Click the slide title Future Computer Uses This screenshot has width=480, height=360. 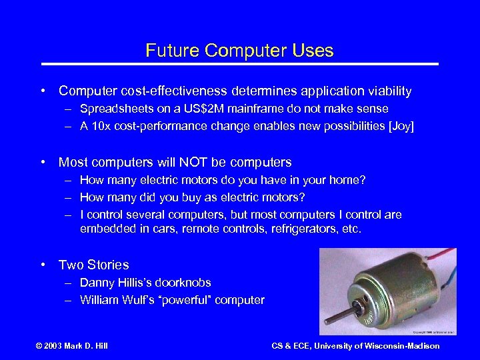239,51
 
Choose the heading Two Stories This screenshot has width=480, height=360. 93,265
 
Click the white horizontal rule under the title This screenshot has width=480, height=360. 239,64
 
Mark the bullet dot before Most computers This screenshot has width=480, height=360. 44,162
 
